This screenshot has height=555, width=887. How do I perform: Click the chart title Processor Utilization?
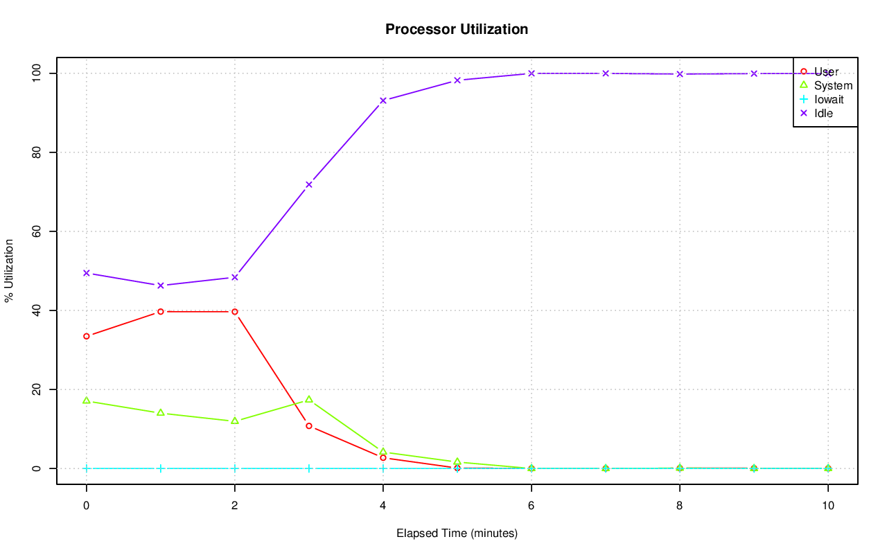click(457, 30)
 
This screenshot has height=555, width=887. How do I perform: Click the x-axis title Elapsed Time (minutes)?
click(457, 534)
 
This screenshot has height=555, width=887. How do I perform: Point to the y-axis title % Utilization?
click(10, 271)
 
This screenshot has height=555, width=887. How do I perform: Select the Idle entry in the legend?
click(823, 114)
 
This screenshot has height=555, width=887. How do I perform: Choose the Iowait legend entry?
click(829, 100)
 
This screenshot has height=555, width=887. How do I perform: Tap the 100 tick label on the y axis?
click(37, 73)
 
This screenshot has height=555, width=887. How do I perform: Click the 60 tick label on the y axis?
click(37, 231)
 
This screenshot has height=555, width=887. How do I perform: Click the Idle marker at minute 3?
click(309, 184)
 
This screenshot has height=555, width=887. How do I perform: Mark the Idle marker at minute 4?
click(383, 100)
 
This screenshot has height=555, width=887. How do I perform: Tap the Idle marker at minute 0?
click(87, 273)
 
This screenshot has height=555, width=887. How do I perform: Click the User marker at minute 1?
click(161, 312)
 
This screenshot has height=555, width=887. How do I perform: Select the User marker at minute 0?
click(87, 336)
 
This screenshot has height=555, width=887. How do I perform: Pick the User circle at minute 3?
click(309, 426)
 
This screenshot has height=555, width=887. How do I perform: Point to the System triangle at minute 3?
click(309, 399)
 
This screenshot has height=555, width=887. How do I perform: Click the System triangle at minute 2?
click(235, 421)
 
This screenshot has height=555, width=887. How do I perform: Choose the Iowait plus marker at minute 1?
click(161, 468)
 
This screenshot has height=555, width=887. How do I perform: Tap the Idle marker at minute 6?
click(532, 73)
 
